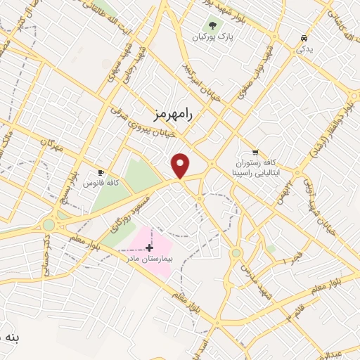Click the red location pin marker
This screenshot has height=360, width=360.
tap(181, 166)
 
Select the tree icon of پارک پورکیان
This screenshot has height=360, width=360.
tap(212, 26)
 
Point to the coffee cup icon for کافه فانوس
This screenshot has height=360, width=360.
tap(101, 172)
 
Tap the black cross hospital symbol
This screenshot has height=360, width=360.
tap(149, 247)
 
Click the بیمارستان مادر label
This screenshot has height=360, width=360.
tap(148, 259)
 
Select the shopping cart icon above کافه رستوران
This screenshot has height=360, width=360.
tap(255, 152)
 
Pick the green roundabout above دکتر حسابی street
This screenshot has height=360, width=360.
tap(49, 225)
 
